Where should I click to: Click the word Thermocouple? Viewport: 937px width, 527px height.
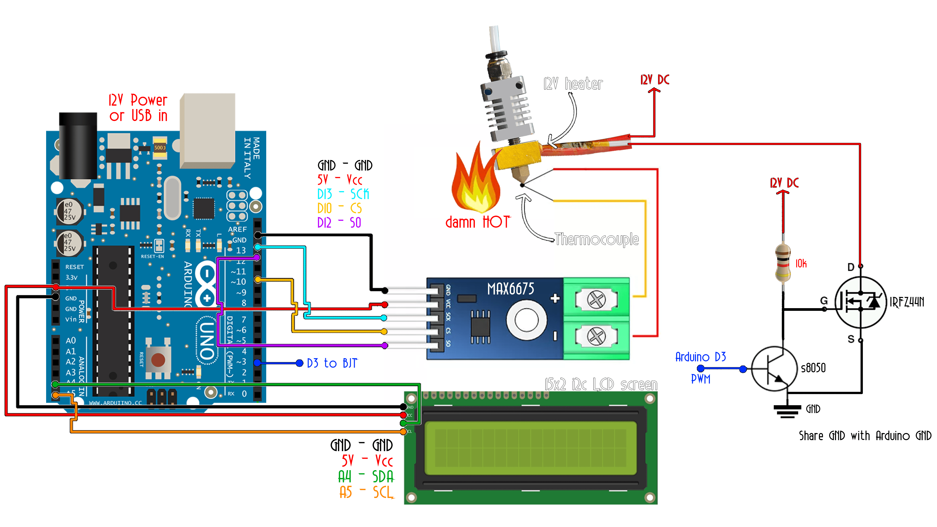[x=597, y=239]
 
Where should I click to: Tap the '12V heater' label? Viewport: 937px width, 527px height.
[x=573, y=84]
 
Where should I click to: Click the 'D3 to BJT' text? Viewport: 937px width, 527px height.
[x=332, y=363]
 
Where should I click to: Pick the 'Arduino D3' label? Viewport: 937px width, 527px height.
[x=701, y=357]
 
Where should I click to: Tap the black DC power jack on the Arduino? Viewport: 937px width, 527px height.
[x=78, y=145]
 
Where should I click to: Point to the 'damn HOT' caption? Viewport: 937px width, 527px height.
[x=478, y=222]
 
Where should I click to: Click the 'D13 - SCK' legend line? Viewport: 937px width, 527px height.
[x=343, y=194]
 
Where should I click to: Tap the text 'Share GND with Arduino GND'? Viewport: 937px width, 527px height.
[x=865, y=436]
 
